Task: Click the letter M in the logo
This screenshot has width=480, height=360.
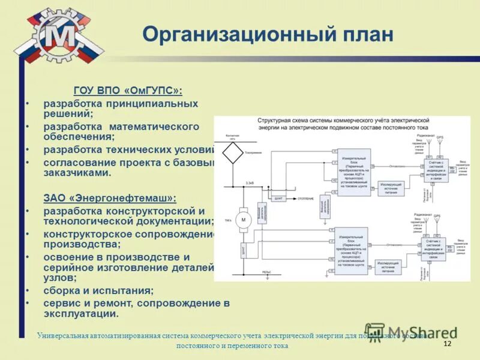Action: tap(58, 37)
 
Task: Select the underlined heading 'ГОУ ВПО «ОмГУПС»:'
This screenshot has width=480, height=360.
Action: tap(128, 91)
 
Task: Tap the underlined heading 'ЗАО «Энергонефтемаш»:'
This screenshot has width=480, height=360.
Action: tap(110, 197)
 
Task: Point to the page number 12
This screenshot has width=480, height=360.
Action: tap(446, 343)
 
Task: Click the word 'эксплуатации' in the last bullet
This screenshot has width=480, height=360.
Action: tap(80, 314)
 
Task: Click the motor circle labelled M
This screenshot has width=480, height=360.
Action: tap(244, 220)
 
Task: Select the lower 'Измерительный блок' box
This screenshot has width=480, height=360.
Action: tap(350, 245)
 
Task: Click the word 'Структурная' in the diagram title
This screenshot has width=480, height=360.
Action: tap(274, 121)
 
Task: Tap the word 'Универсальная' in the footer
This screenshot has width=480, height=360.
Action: tap(62, 335)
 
